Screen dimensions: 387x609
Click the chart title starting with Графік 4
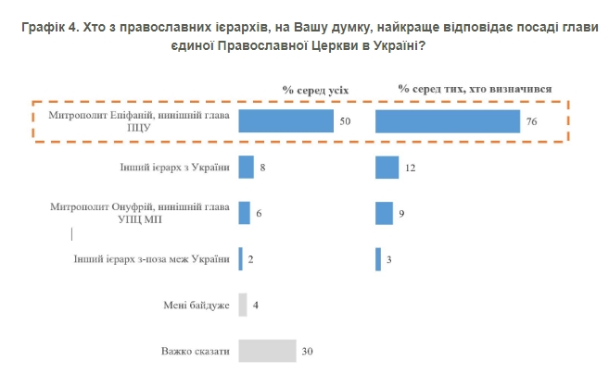coord(304,35)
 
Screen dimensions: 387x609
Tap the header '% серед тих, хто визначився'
coord(476,89)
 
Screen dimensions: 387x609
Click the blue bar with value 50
coord(285,121)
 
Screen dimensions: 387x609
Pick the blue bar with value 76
coord(447,121)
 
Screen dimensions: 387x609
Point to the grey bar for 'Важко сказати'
coord(267,351)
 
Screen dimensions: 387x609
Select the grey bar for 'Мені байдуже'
coord(243,305)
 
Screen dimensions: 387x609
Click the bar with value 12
coord(387,167)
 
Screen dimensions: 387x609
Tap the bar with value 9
coord(384,213)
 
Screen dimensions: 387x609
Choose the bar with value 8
coord(246,167)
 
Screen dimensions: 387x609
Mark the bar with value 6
coord(244,213)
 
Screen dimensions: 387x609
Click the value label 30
coord(308,352)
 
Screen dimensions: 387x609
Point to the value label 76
coord(531,122)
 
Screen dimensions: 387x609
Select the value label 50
coord(346,122)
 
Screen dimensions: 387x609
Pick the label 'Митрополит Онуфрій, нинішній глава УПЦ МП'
coord(145,214)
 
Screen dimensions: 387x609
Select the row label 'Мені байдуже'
coord(195,306)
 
